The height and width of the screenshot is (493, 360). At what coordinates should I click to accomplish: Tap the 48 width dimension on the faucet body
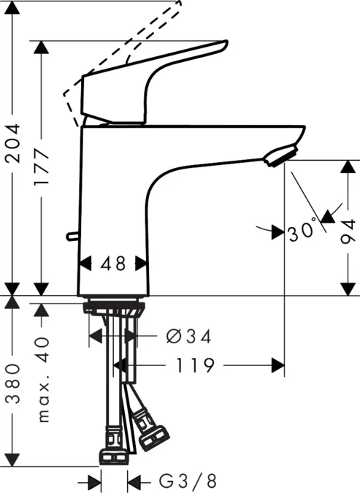point(112,263)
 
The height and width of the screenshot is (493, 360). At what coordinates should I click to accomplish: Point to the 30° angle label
point(302,233)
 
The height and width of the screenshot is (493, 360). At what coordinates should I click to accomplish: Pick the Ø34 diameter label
point(188,336)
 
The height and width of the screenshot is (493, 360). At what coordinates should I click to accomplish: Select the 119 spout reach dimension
point(199,364)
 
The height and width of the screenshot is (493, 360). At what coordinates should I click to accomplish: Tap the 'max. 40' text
point(42,380)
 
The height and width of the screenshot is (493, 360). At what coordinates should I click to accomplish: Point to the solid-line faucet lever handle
point(146,80)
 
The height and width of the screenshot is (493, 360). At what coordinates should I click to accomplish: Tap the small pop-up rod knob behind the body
point(70,236)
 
